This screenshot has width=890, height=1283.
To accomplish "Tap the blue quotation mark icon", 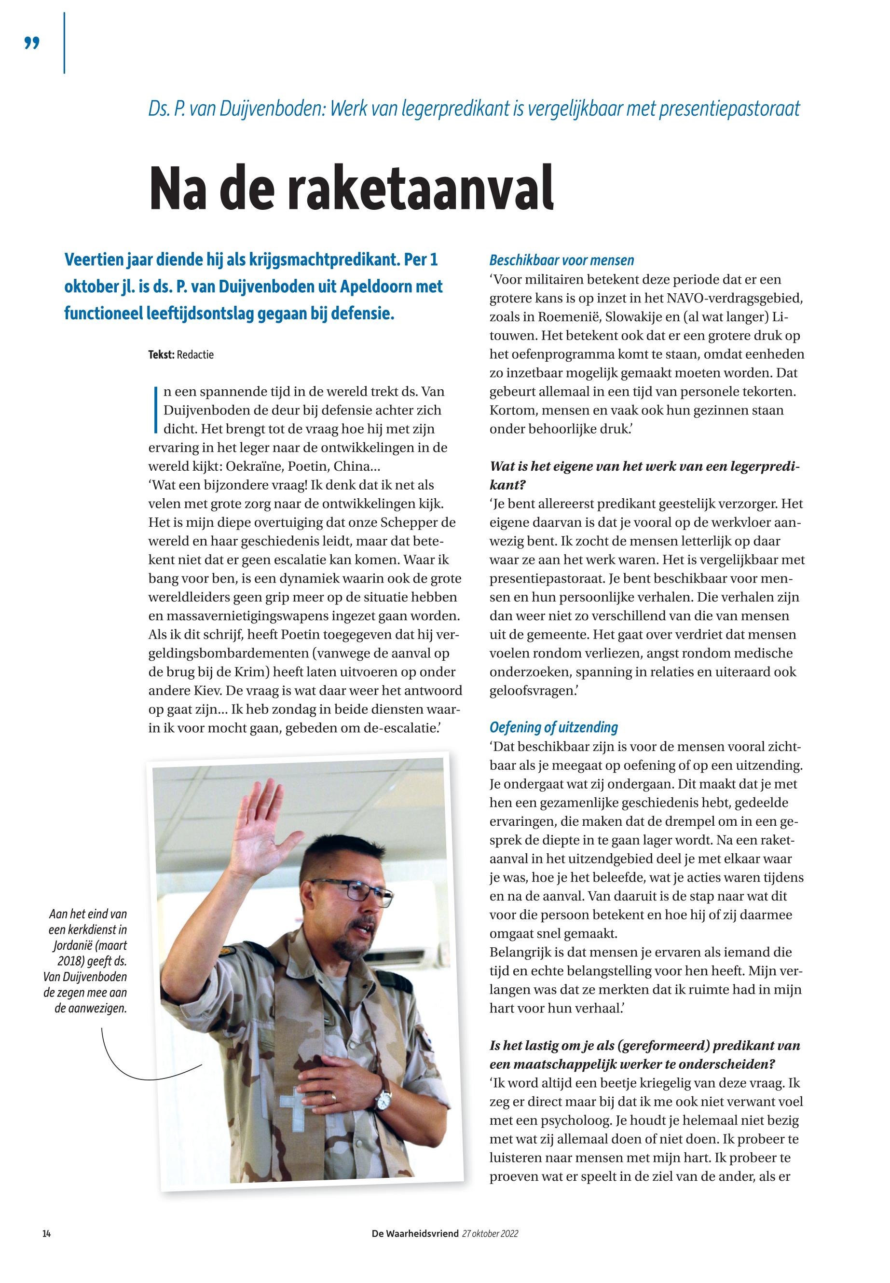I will [32, 43].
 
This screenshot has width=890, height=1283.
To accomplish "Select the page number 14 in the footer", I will [47, 1234].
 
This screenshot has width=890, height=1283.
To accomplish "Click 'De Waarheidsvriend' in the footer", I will [415, 1234].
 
